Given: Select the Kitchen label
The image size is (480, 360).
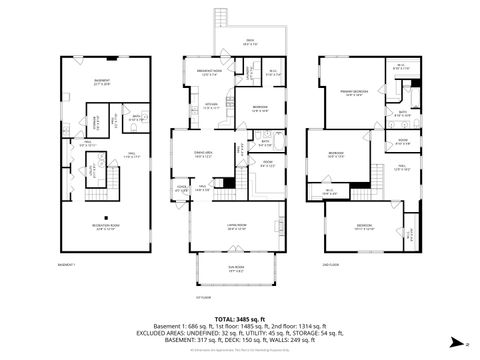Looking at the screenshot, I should [211, 106].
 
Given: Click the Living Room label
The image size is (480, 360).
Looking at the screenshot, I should [237, 227].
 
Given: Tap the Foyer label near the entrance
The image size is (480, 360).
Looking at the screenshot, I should [182, 187].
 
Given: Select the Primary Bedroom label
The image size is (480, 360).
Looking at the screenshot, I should [352, 92].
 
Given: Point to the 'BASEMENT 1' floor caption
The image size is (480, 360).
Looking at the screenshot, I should [67, 264].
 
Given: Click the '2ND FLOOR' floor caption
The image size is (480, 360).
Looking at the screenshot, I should [330, 264].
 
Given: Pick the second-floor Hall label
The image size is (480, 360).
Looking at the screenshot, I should [400, 168].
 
